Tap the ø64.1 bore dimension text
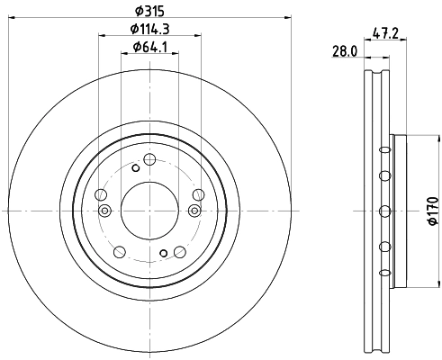[149, 48]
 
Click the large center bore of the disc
[149, 211]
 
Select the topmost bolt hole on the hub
[149, 160]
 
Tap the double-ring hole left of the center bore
[105, 211]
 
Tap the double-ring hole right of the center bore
[194, 211]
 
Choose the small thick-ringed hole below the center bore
[163, 254]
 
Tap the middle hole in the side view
[384, 211]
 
